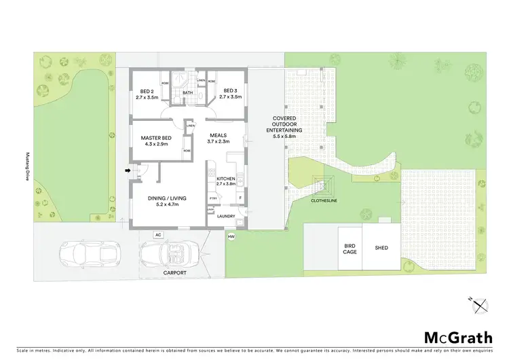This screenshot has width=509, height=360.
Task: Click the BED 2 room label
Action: click(147, 94)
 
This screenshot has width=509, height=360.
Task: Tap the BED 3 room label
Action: click(230, 94)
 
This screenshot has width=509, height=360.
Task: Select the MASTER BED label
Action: click(156, 141)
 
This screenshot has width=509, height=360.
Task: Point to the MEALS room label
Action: click(218, 138)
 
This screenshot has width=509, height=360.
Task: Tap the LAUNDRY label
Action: click(226, 217)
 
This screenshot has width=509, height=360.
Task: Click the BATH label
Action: click(188, 93)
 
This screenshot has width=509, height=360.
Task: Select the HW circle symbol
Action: click(231, 237)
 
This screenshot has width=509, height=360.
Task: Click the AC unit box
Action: click(158, 235)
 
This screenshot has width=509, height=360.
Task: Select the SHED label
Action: click(381, 248)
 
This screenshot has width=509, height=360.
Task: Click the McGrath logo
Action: click(458, 338)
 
